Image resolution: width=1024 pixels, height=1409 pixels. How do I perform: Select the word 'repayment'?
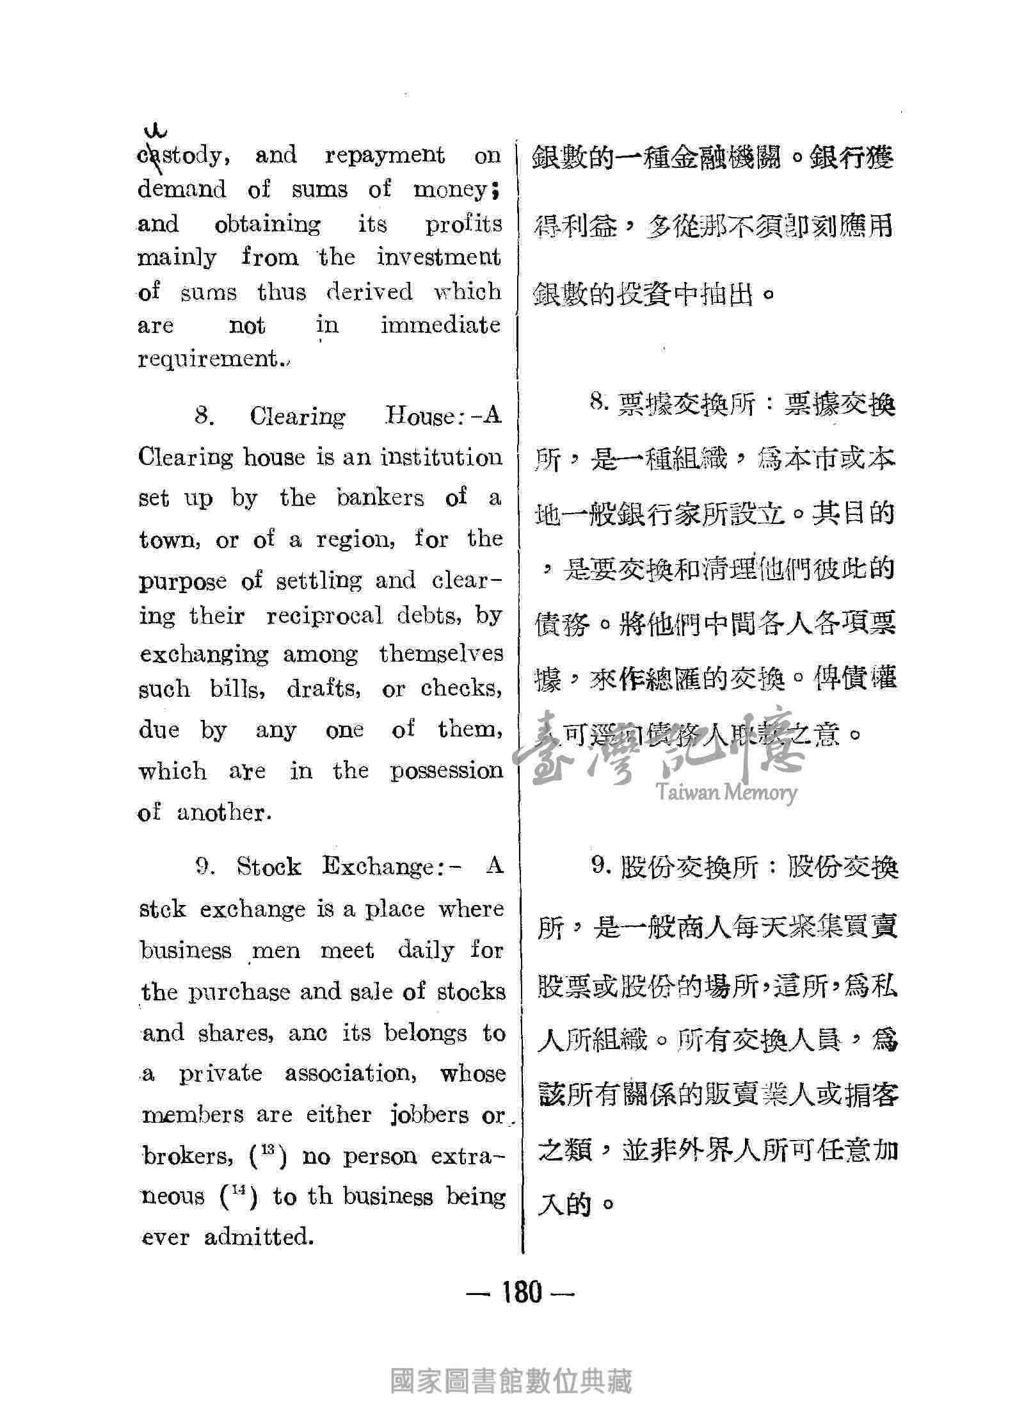385,156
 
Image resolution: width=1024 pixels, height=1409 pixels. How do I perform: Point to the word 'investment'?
438,257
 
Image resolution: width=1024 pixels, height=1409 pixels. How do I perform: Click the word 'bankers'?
381,498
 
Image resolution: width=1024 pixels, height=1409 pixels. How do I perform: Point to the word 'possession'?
447,770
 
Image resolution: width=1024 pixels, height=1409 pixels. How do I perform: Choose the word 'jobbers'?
429,1115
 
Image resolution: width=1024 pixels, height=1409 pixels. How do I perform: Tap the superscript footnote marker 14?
239,1192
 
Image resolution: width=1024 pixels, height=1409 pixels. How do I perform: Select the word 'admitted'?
259,1237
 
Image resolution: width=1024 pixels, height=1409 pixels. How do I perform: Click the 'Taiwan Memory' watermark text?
726,794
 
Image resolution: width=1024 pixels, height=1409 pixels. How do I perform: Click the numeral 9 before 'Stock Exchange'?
205,867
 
